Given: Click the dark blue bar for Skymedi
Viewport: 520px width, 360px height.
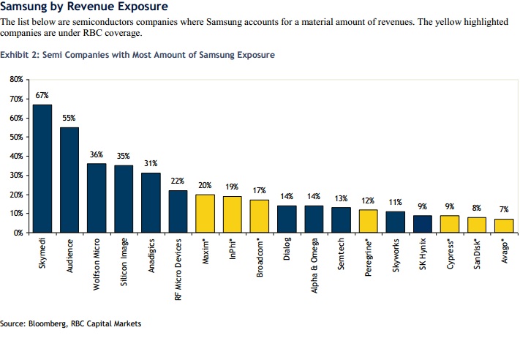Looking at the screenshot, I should [42, 169].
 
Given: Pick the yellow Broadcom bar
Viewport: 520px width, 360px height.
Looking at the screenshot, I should [259, 217].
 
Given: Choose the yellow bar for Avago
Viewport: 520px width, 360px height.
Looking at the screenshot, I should [503, 226].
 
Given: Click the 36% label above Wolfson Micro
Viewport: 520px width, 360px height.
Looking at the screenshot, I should [97, 155].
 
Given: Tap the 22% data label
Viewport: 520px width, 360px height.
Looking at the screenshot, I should [178, 181].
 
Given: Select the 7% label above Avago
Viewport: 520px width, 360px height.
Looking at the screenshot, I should [503, 209].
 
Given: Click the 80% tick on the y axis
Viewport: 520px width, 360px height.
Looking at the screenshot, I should [18, 78].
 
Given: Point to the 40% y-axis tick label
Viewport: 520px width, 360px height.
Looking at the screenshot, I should [18, 156].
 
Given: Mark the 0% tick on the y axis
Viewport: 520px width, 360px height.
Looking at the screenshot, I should [20, 233].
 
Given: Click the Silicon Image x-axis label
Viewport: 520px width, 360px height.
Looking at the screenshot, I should [124, 262].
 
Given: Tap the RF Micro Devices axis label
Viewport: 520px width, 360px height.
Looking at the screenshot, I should [178, 271].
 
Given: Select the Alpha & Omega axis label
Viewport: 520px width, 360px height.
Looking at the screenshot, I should [313, 266].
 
